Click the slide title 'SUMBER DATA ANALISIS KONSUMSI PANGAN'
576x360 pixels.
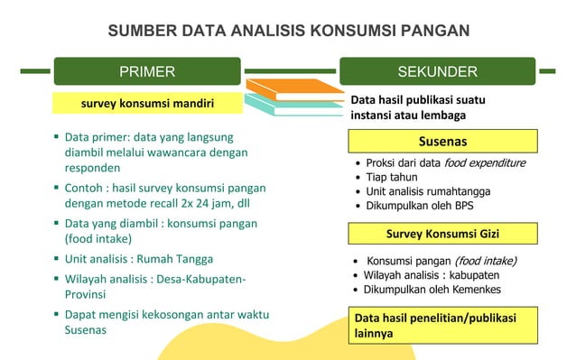coord(288,31)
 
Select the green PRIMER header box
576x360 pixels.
coord(147,71)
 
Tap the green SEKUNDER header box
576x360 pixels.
coord(437,71)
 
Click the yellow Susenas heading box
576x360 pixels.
coord(442,142)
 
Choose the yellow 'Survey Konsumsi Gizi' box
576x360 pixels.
coord(442,234)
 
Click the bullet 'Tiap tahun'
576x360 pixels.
coord(392,177)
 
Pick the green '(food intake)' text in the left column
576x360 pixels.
coord(98,239)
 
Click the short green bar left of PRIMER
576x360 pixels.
coord(35,70)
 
